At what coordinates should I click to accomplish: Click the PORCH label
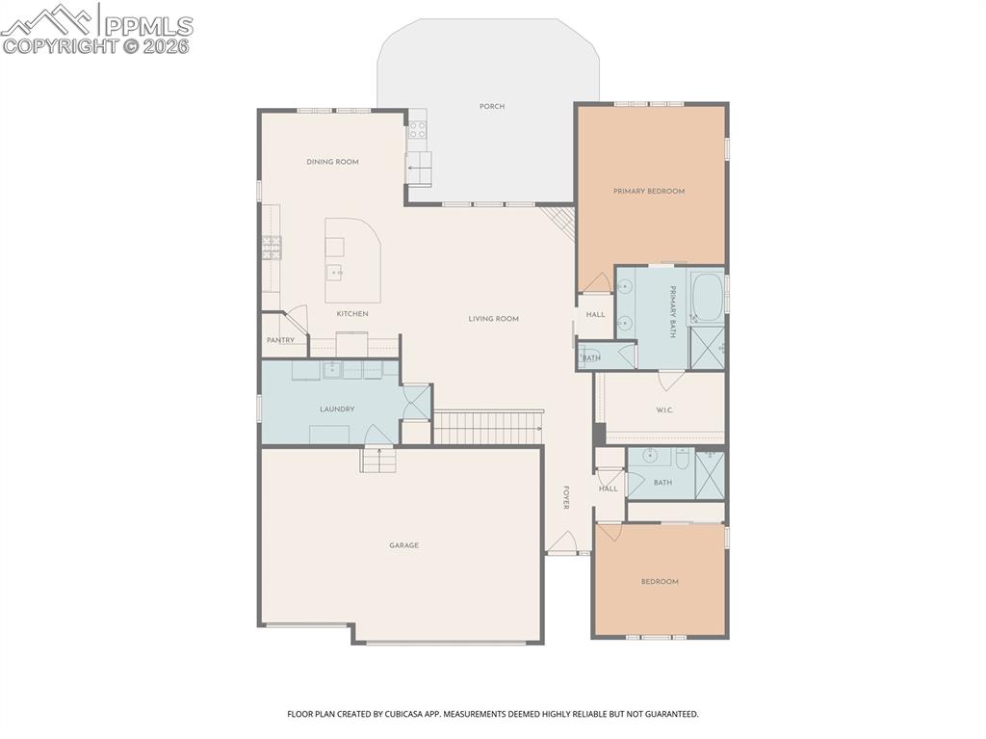pos(492,106)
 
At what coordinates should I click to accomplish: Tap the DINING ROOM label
pos(332,162)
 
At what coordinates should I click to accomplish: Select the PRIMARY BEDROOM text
pos(649,191)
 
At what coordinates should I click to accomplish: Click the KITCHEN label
pos(352,313)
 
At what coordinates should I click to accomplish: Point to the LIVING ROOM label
pos(494,319)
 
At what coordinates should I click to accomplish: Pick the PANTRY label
pos(280,340)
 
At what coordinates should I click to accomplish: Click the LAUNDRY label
pos(337,409)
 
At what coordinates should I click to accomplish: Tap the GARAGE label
pos(403,545)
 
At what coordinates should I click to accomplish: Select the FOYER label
pos(566,497)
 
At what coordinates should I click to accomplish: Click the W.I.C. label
pos(664,409)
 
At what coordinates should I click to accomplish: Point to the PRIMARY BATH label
pos(671,312)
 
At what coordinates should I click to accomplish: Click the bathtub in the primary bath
pos(708,297)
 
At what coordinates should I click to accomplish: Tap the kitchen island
pos(352,260)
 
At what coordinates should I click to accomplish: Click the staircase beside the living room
pos(488,428)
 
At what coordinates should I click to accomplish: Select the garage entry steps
pos(378,461)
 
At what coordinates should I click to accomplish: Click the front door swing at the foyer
pos(562,541)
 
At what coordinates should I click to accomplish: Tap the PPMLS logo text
pos(148,26)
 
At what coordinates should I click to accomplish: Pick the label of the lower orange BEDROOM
pos(660,582)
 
